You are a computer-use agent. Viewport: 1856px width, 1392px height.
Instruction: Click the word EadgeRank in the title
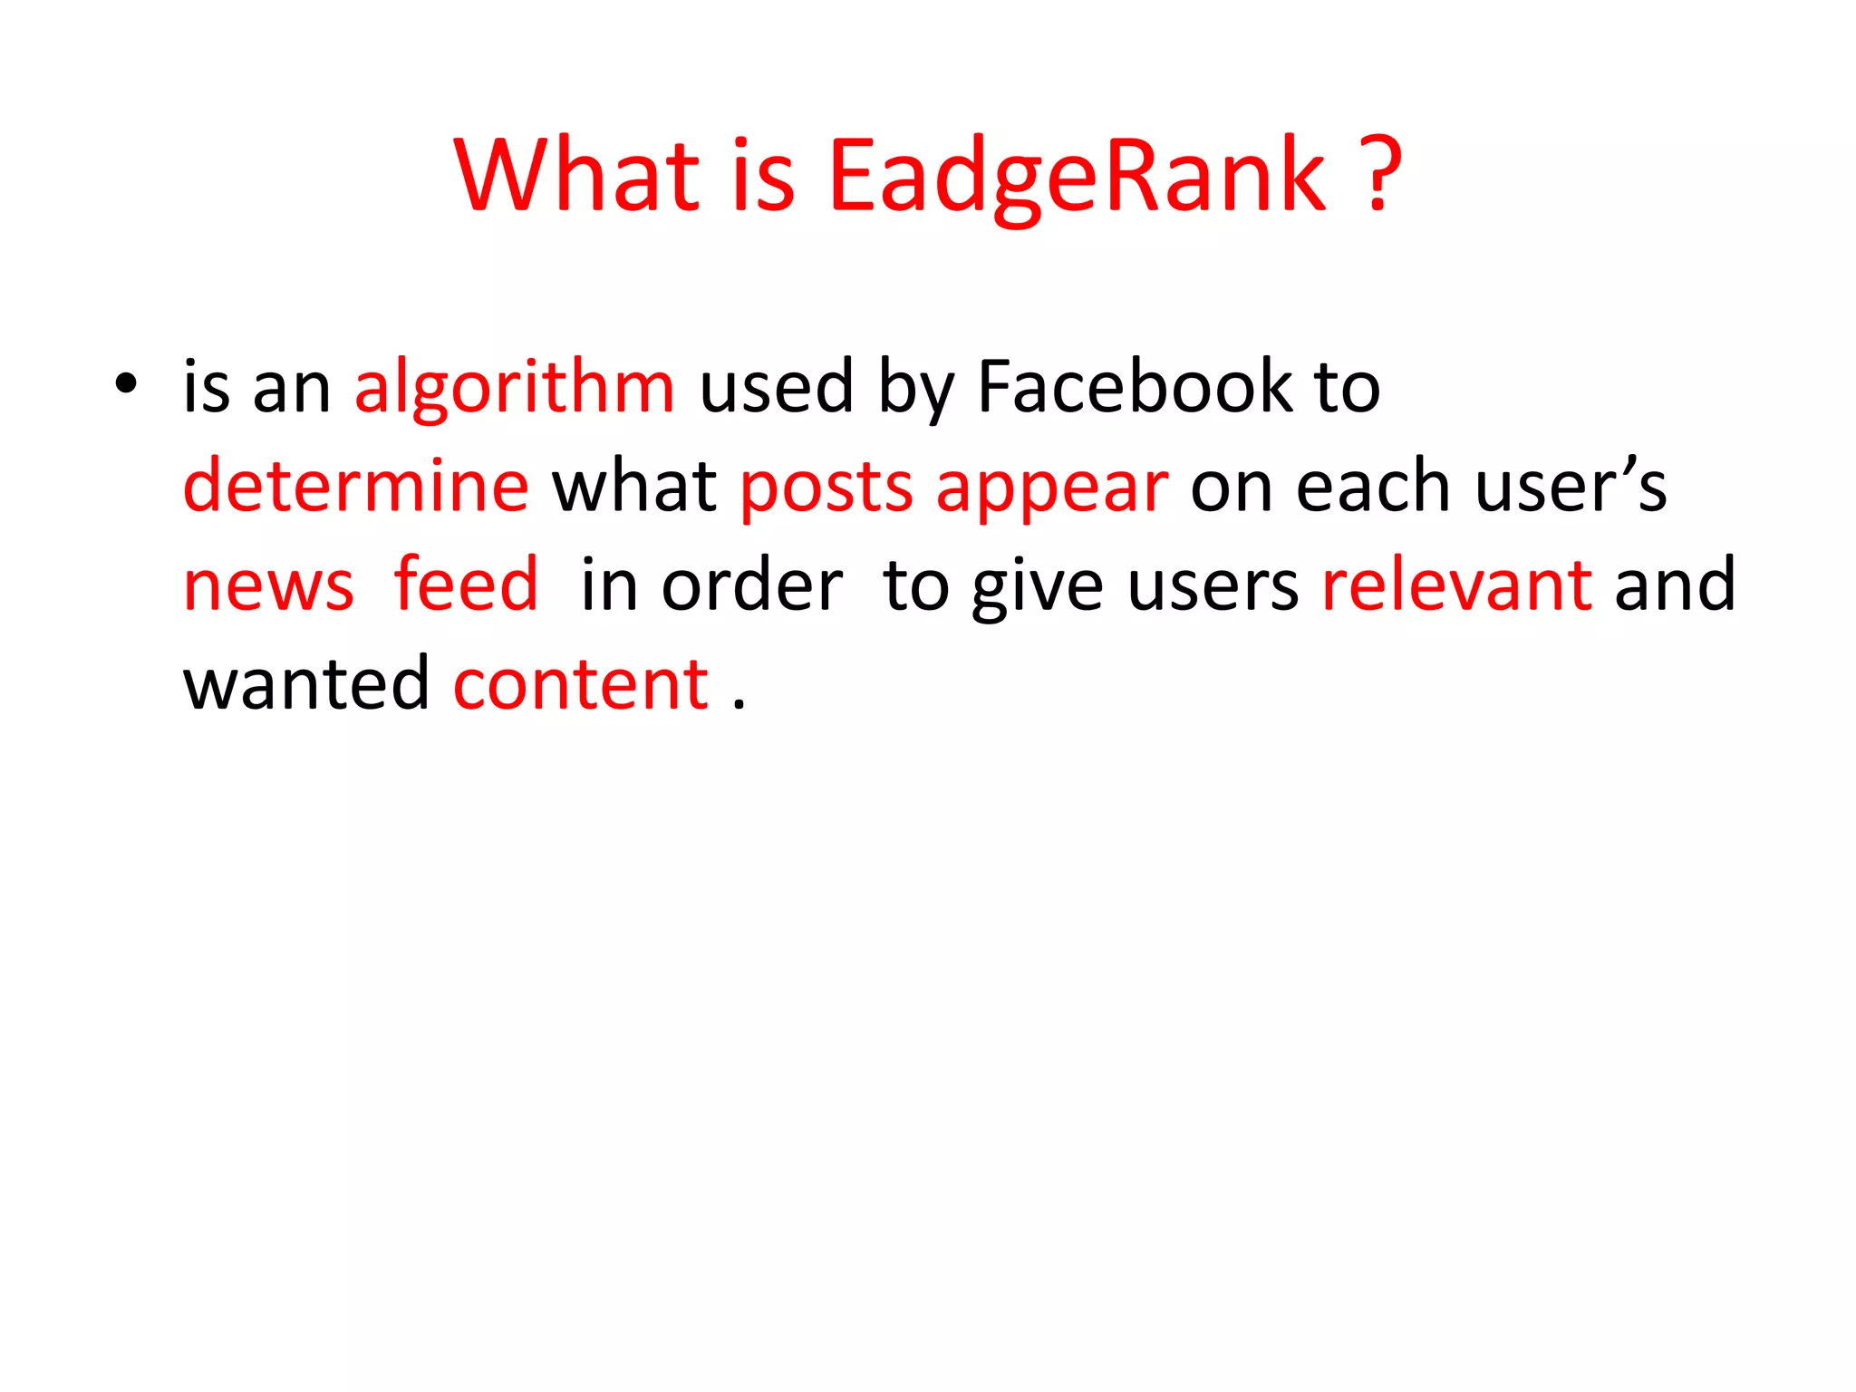[x=1077, y=177]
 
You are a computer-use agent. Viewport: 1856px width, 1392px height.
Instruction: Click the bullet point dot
[x=126, y=384]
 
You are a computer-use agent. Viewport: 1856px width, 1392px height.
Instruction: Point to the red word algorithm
[x=514, y=388]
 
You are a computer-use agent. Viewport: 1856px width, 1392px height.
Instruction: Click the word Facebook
[x=1135, y=388]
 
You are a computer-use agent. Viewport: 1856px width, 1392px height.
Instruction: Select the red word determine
[x=355, y=487]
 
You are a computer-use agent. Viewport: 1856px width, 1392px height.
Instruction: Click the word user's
[x=1571, y=487]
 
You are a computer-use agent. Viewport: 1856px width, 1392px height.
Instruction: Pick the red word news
[x=268, y=587]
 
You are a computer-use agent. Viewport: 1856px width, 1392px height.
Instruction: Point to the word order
[x=752, y=586]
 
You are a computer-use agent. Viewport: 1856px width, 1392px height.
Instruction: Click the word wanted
[x=306, y=684]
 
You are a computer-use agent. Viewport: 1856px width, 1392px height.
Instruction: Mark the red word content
[x=581, y=684]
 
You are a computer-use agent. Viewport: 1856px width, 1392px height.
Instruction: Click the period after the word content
[x=739, y=703]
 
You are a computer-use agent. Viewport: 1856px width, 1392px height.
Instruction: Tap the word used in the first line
[x=777, y=388]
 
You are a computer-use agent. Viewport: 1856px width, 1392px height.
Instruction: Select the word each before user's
[x=1374, y=487]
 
